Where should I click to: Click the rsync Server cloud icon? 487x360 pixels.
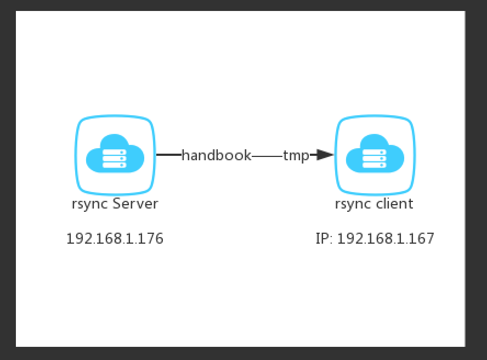[115, 155]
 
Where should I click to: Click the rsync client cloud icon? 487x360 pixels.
[375, 155]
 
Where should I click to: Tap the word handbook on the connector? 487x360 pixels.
[216, 155]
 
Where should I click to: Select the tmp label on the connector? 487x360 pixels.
[296, 155]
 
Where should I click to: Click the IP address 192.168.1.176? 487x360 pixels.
[115, 239]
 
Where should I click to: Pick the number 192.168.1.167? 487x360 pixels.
[386, 239]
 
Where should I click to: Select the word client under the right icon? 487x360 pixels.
[394, 204]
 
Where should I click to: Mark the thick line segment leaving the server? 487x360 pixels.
[168, 155]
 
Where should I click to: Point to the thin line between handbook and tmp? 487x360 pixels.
[267, 156]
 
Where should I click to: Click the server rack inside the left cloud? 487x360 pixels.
[115, 158]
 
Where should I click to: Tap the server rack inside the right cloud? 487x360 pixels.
[375, 158]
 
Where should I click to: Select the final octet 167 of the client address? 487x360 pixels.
[423, 239]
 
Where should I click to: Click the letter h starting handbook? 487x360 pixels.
[185, 155]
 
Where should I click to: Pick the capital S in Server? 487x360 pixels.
[117, 204]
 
